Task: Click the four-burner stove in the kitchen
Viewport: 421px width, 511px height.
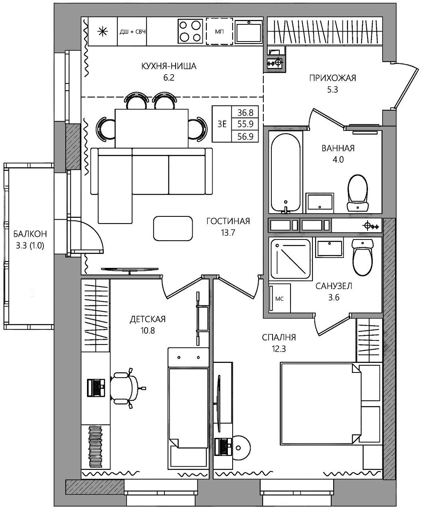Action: coord(190,31)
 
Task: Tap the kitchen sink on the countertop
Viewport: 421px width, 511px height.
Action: coord(249,31)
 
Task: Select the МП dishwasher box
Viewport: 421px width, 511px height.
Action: coord(219,31)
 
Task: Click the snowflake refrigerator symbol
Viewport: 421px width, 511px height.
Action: coord(103,32)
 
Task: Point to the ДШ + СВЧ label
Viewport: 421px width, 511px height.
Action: coord(132,32)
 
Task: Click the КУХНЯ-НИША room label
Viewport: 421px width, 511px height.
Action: coord(169,66)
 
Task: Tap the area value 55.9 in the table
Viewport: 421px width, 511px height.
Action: coord(245,124)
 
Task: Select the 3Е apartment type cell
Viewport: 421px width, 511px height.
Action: coord(222,124)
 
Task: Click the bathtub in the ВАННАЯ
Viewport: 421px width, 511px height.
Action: coord(285,172)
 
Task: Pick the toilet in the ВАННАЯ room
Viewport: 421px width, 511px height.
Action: coord(358,193)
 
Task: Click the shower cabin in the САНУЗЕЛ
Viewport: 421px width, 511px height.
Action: coord(290,259)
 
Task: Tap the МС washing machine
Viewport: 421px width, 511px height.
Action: coord(279,298)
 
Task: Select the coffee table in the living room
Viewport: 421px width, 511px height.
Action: coord(173,228)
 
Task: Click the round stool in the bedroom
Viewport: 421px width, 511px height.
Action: coord(240,448)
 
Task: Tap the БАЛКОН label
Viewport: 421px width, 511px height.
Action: coord(30,234)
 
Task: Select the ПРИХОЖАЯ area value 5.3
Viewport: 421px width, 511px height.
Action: coord(332,90)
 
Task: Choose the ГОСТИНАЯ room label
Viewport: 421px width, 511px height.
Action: coord(228,221)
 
